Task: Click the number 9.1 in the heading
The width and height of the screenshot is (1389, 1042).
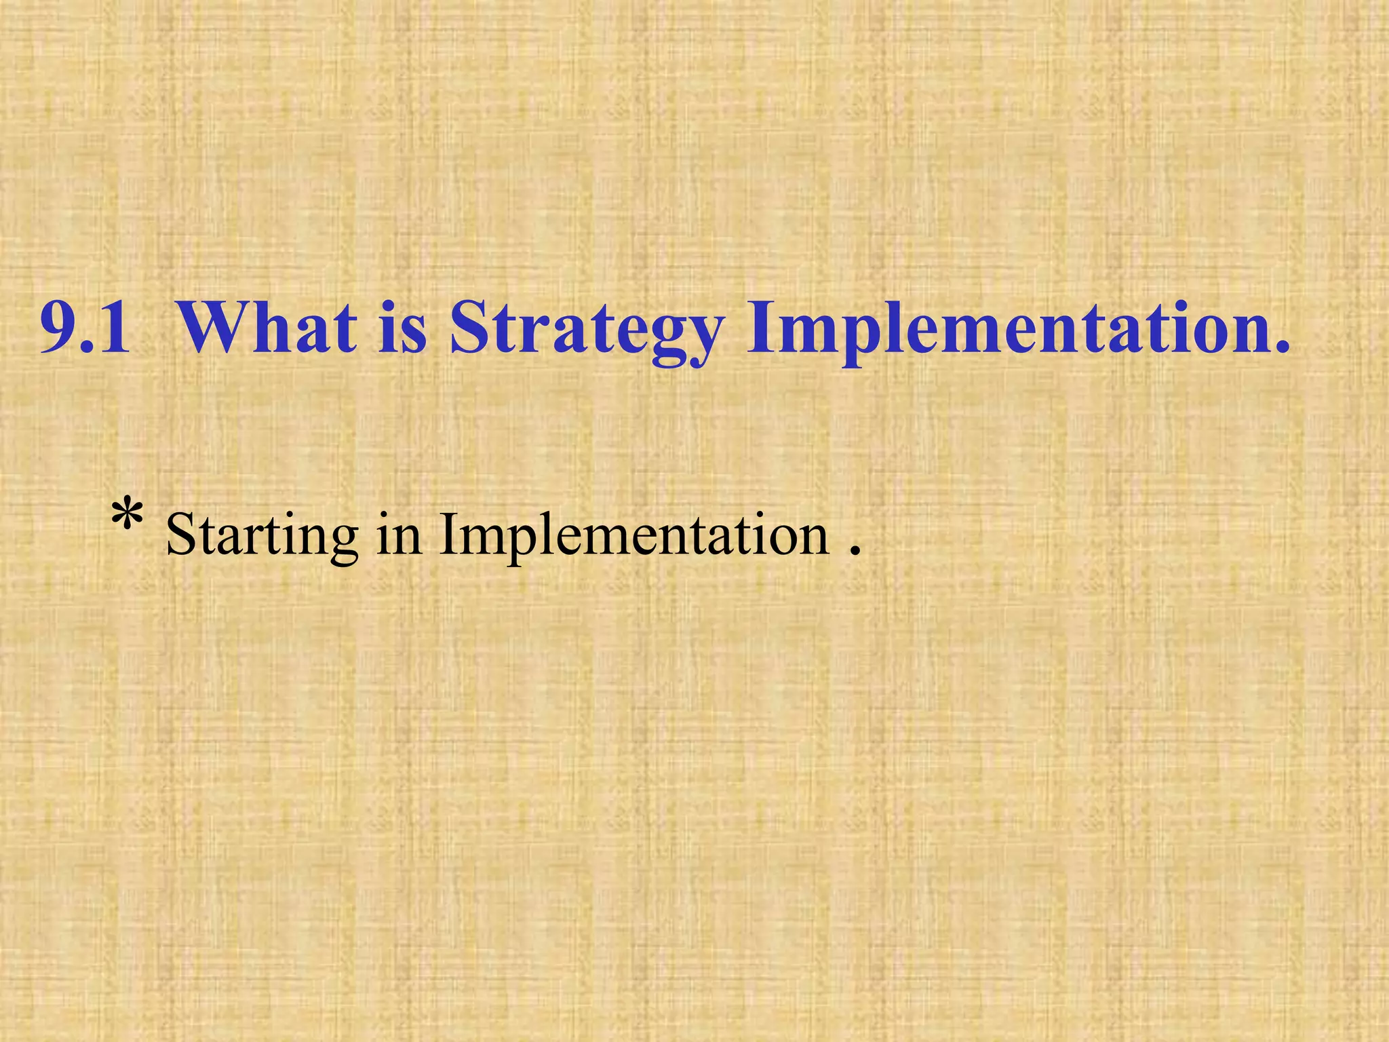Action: point(85,328)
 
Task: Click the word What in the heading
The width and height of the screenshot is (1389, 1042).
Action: point(268,328)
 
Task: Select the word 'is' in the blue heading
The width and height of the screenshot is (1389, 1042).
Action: point(402,328)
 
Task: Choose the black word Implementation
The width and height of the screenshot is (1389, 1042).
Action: point(634,536)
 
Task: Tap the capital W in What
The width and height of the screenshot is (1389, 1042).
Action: point(214,328)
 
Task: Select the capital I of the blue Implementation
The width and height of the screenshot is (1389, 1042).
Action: point(759,328)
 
